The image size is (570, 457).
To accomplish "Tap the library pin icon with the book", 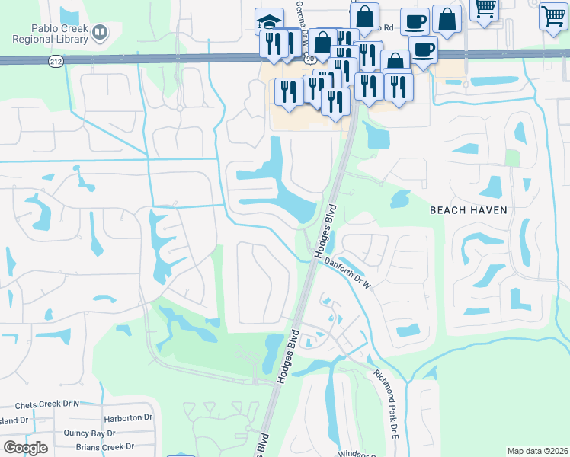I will click(x=100, y=32).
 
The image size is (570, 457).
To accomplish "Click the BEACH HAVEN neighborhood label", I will click(x=469, y=209).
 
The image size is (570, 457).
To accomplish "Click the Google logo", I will click(x=25, y=447).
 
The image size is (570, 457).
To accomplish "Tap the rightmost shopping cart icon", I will click(x=553, y=15).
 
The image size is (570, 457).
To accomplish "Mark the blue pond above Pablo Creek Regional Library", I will click(x=69, y=14).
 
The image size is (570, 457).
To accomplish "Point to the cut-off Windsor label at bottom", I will click(x=358, y=454).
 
